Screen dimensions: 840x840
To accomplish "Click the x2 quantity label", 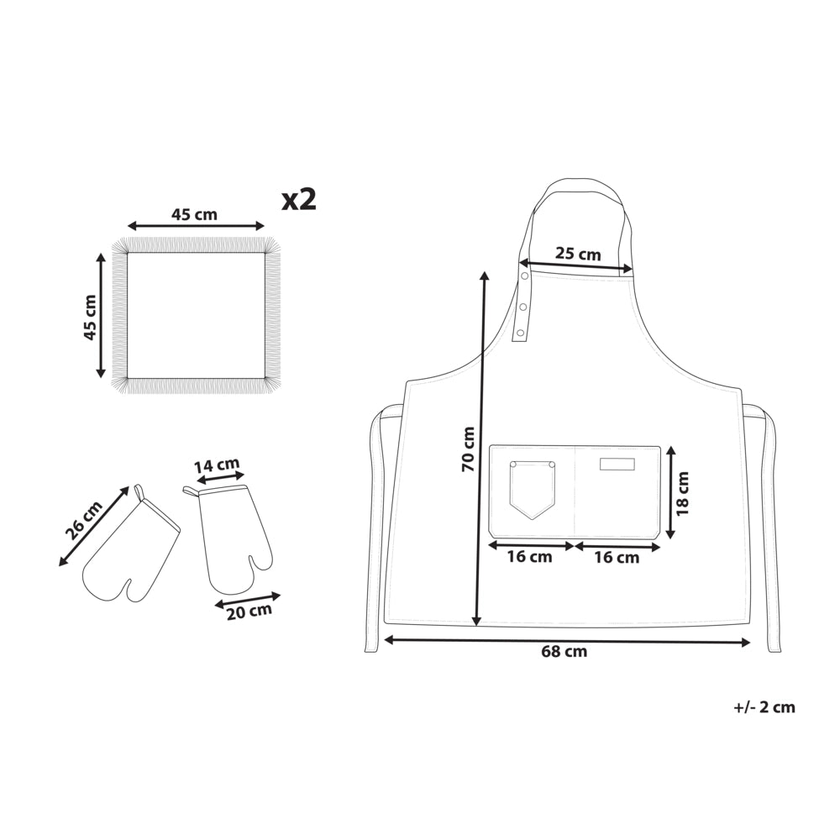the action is [x=300, y=201].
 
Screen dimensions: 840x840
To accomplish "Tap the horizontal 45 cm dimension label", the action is [x=195, y=214].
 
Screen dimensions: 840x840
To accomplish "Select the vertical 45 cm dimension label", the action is [x=90, y=317].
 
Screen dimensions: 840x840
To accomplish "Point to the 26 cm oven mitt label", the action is [x=83, y=520].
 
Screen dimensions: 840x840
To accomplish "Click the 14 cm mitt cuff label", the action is [x=217, y=465].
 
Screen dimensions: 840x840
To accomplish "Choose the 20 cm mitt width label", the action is [x=249, y=612].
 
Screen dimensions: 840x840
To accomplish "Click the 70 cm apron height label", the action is [x=468, y=449].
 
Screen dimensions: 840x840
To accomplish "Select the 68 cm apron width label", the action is [x=564, y=652].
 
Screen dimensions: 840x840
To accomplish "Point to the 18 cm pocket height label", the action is [x=682, y=493].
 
